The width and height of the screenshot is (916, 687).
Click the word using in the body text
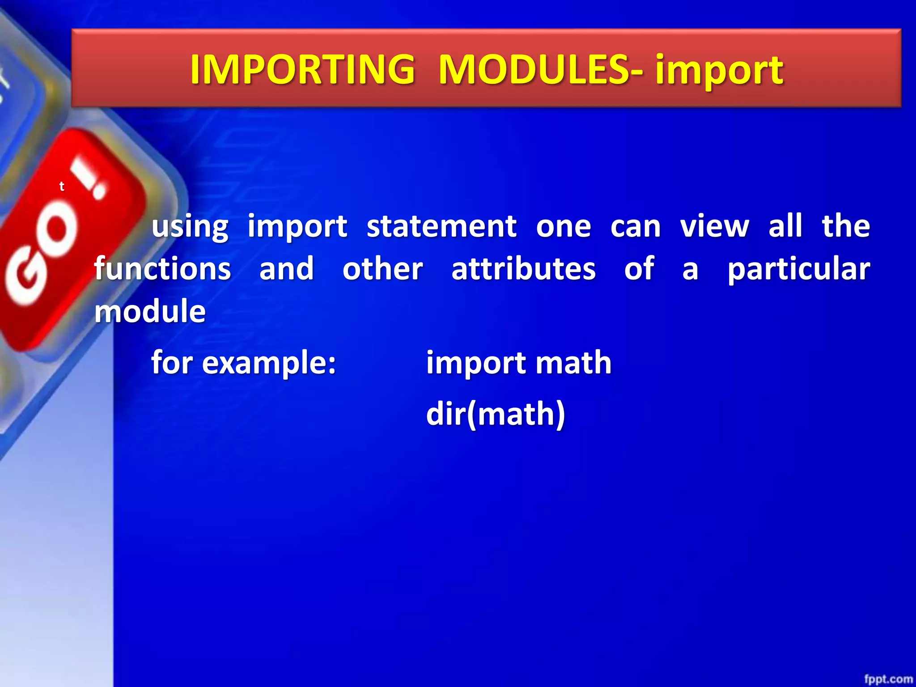(190, 227)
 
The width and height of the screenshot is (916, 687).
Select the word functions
(162, 269)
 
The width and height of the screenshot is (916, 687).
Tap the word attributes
(523, 269)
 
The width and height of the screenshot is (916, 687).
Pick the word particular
(798, 270)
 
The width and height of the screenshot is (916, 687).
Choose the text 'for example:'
(243, 362)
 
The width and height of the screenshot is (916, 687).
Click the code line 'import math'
(518, 362)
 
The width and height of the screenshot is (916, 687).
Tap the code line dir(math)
(496, 414)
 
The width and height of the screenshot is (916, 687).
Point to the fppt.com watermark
(888, 679)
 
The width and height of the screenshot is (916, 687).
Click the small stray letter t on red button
(62, 187)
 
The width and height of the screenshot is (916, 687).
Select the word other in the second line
(382, 269)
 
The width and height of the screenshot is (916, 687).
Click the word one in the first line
(564, 227)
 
